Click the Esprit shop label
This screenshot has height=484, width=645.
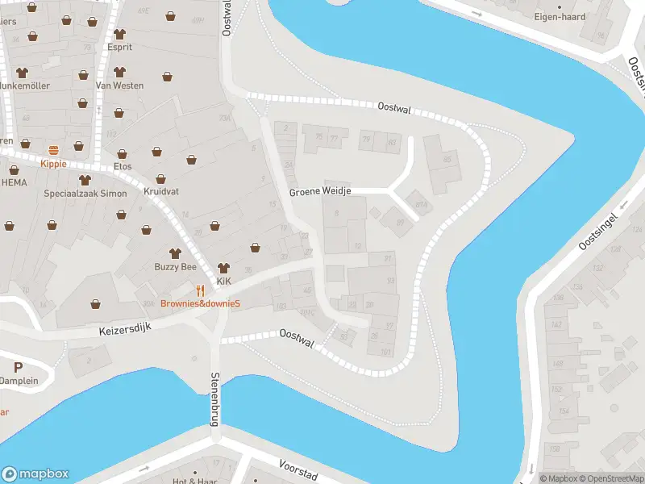click(119, 47)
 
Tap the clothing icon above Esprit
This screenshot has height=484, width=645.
click(120, 34)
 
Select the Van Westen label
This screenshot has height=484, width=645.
click(119, 86)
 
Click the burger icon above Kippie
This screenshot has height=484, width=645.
click(54, 150)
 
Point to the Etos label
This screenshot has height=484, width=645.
click(123, 166)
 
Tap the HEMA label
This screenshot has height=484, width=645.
click(14, 182)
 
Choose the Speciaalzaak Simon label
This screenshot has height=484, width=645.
click(85, 194)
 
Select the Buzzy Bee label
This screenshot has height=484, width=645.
click(176, 266)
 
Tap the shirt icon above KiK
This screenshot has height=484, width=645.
click(223, 268)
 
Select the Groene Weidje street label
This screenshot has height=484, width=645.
click(320, 193)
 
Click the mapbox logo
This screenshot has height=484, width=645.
click(35, 474)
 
